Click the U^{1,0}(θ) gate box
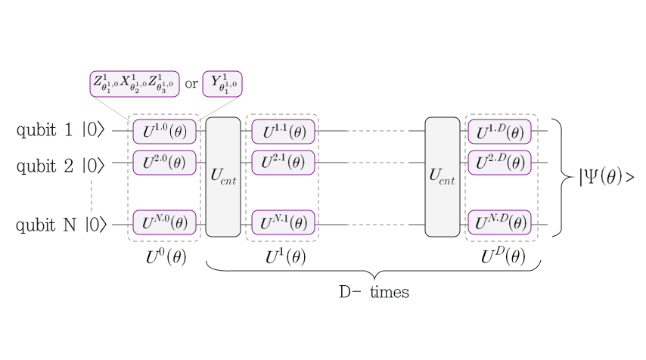point(164,131)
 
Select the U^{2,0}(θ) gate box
point(164,163)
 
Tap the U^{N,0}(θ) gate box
point(164,224)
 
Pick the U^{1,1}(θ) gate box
point(283,131)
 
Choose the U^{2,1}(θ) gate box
point(283,163)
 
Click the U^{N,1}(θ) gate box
point(283,224)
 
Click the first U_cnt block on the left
point(223,177)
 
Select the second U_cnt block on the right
point(443,177)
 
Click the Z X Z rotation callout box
point(134,83)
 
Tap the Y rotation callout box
point(222,83)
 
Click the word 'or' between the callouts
point(191,84)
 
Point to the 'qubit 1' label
point(45,131)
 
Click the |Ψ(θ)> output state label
point(606,178)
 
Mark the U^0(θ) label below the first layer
point(165,257)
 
